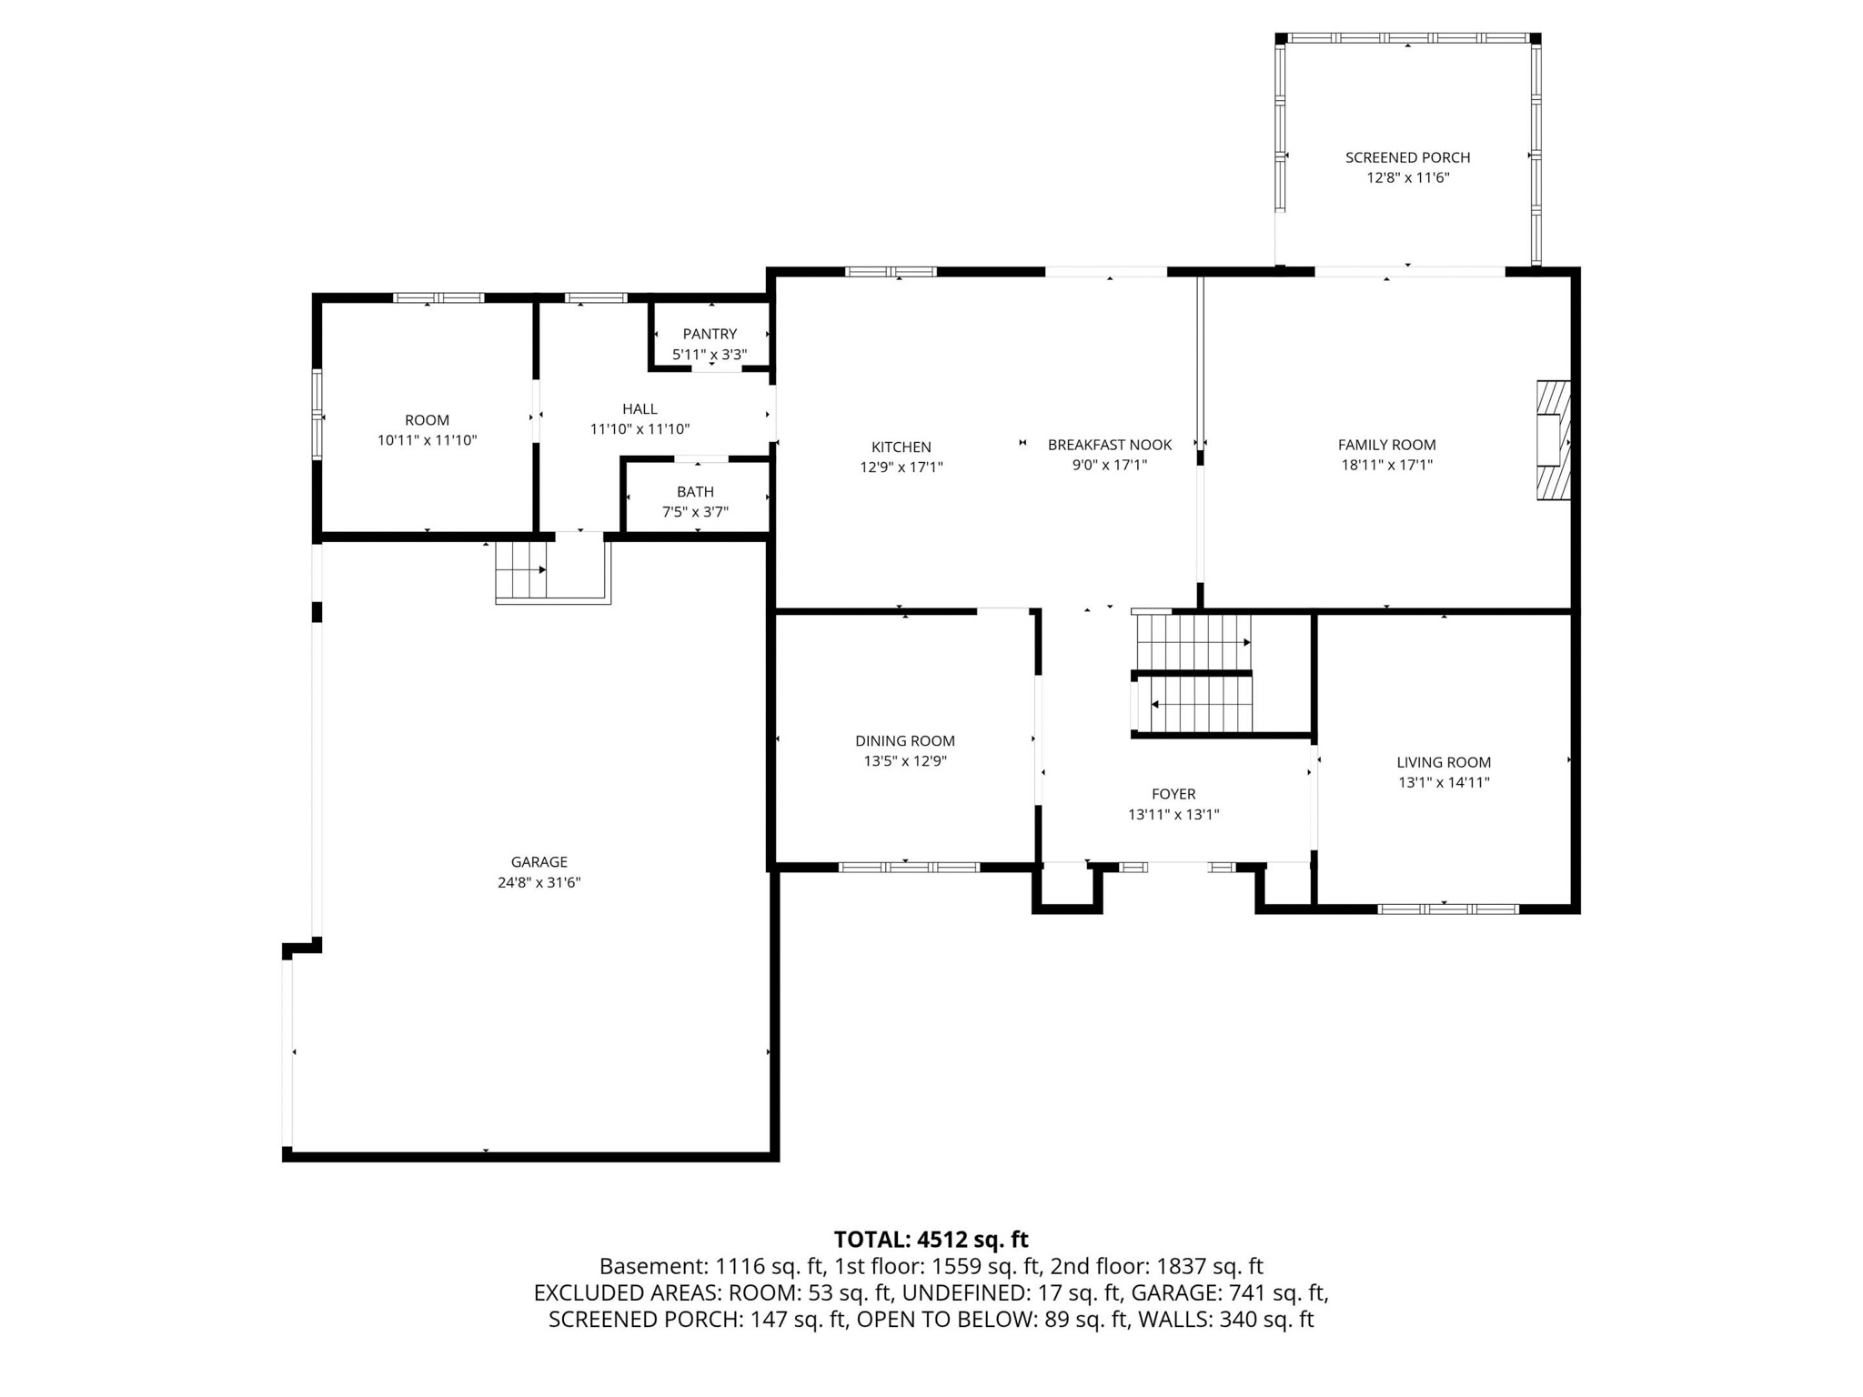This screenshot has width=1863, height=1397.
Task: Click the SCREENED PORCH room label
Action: [1407, 157]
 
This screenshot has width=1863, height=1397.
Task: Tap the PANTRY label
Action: [710, 334]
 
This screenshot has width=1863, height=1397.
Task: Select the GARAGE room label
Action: [539, 861]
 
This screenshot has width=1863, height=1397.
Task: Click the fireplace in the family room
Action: [1553, 439]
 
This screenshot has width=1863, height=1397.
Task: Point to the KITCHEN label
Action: [901, 447]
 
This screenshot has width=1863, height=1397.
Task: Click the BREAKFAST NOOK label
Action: [1110, 445]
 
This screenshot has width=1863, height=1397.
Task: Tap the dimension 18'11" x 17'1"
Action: [1386, 465]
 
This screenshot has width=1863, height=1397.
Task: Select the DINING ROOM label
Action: [905, 741]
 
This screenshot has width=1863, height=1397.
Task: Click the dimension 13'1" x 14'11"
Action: [1444, 782]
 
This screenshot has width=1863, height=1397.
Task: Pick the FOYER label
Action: [1173, 794]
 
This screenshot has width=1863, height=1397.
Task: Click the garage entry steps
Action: [521, 569]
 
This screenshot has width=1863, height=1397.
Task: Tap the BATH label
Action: [695, 492]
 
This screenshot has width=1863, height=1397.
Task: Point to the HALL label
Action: [639, 409]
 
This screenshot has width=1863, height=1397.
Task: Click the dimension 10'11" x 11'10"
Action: [427, 440]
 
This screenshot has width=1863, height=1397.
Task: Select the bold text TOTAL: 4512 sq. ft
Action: [931, 1240]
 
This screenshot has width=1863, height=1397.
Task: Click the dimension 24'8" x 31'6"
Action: [539, 882]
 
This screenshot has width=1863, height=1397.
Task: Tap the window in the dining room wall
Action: [909, 868]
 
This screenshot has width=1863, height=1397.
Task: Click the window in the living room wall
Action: [1448, 909]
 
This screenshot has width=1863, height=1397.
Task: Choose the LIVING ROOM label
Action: [1444, 762]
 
